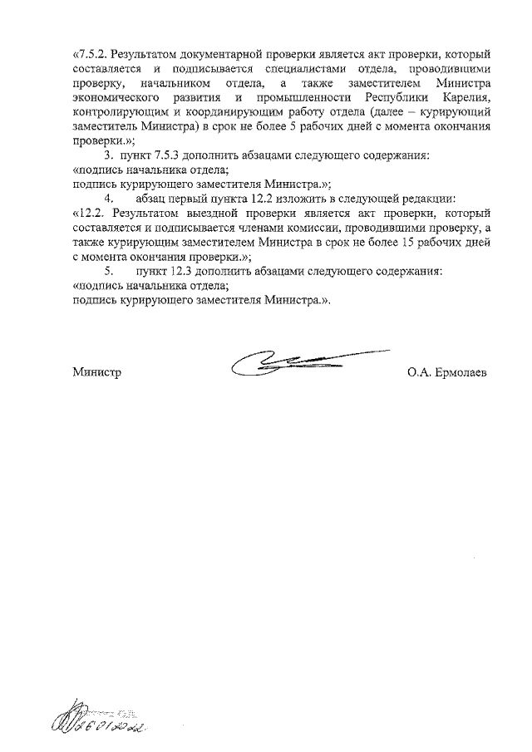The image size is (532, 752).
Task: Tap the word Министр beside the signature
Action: (x=97, y=373)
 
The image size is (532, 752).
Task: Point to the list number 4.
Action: (x=107, y=199)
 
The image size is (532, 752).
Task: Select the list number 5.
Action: (x=107, y=271)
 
